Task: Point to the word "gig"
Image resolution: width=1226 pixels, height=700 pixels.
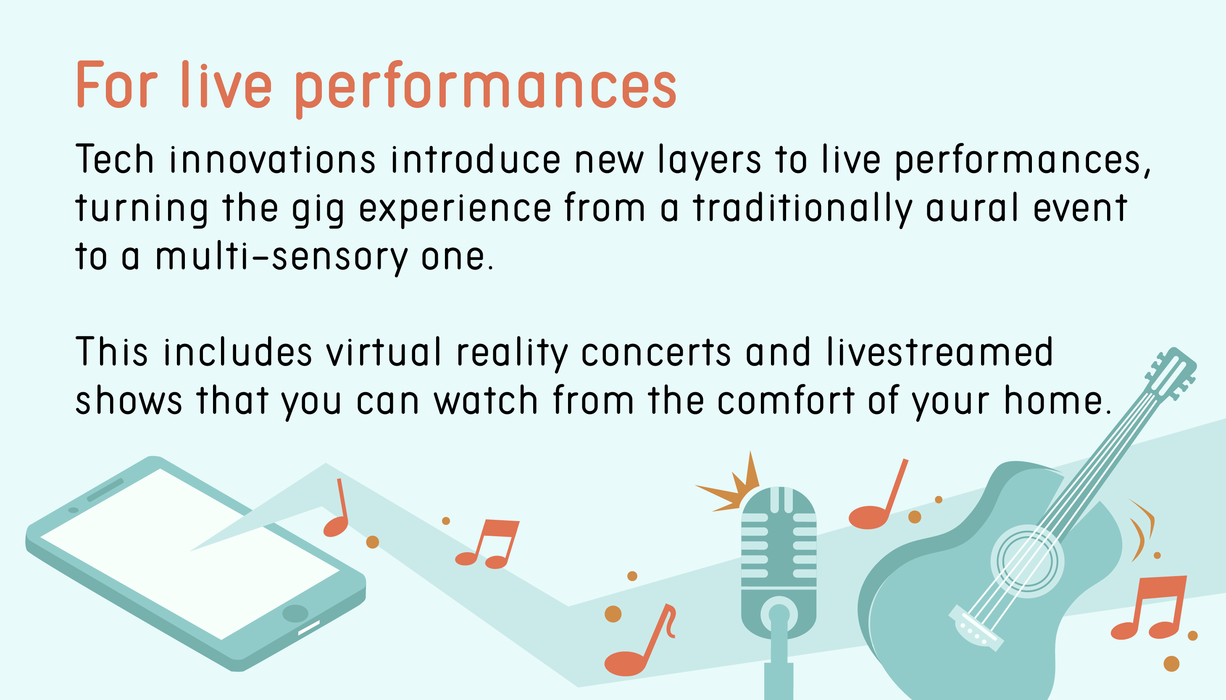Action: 318,210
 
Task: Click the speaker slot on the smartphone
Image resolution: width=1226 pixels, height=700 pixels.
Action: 105,490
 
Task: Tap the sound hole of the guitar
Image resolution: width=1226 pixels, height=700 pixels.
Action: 1027,561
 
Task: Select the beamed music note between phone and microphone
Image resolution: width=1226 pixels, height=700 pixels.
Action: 488,544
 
